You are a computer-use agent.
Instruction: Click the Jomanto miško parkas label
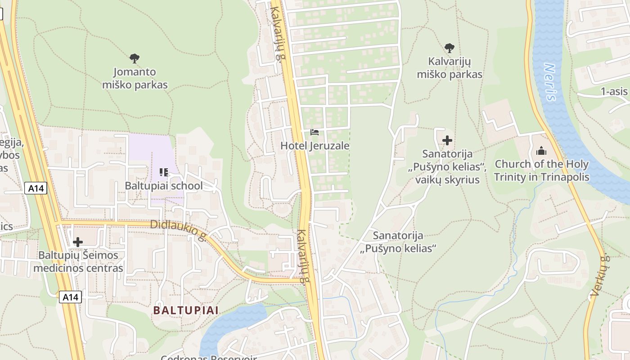coord(135,78)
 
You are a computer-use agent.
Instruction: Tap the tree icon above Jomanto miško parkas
coord(134,58)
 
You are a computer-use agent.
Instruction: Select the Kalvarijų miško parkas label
coord(450,68)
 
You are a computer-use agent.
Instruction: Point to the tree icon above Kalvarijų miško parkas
coord(449,48)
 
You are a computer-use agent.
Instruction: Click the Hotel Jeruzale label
coord(315,146)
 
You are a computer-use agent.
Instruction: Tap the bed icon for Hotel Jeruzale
coord(315,132)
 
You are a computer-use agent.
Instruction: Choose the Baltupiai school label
coord(164,185)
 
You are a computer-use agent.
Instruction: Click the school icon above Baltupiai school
coord(164,172)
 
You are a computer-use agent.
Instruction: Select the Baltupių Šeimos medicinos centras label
coord(78,262)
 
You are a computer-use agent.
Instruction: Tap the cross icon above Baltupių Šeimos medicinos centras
coord(78,242)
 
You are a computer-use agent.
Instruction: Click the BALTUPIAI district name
coord(186,310)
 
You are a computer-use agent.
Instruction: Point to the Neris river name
coord(550,82)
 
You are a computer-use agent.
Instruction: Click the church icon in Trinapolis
coord(541,151)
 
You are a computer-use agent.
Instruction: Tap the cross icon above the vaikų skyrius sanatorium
coord(447,140)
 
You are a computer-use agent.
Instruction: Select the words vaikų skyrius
coord(448,180)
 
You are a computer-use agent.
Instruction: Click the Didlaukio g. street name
coord(179,230)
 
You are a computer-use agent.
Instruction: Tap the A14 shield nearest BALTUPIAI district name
coord(70,297)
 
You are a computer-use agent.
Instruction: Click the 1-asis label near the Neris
coord(614,92)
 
